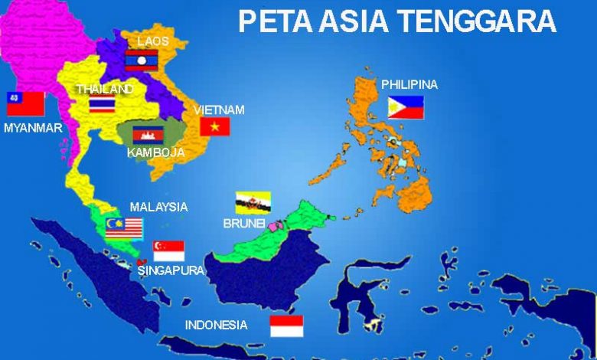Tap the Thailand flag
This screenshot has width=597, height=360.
pos(102,104)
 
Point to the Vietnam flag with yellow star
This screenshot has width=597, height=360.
pos(215,126)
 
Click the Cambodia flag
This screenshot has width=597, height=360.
pos(148,136)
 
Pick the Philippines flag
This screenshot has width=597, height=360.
pos(406,108)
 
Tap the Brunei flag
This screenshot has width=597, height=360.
pos(252,202)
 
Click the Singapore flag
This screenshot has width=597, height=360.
pos(168,250)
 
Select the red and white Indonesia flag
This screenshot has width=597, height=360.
pos(286,326)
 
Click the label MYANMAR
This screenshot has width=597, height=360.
pos(32,128)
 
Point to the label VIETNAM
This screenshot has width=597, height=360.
pos(219,110)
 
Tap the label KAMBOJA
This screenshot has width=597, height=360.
pos(156,152)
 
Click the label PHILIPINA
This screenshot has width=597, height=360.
pos(409,84)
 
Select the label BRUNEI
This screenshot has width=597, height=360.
pos(243,224)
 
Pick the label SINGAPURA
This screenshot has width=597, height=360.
pos(171,270)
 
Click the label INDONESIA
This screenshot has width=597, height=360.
pos(216,325)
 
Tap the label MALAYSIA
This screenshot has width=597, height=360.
pos(158,207)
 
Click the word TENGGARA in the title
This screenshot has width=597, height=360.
pos(477,21)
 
